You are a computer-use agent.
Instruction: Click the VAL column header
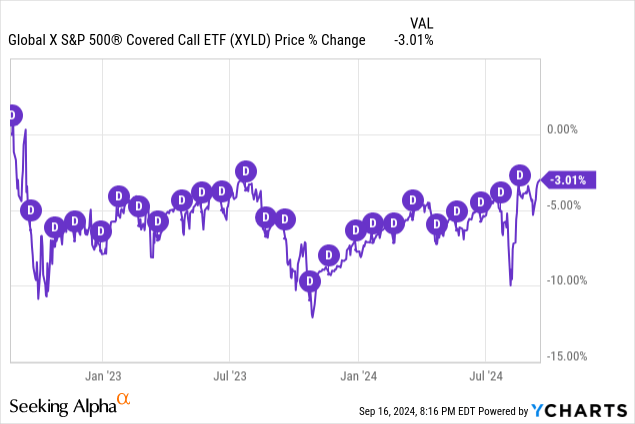(x=423, y=22)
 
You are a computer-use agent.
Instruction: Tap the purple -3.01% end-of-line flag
(x=569, y=180)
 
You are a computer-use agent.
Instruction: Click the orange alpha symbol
(x=124, y=400)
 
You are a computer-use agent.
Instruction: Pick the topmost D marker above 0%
(x=12, y=116)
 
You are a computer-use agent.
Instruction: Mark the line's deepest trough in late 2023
(x=313, y=317)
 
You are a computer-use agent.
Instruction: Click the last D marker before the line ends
(x=519, y=174)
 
